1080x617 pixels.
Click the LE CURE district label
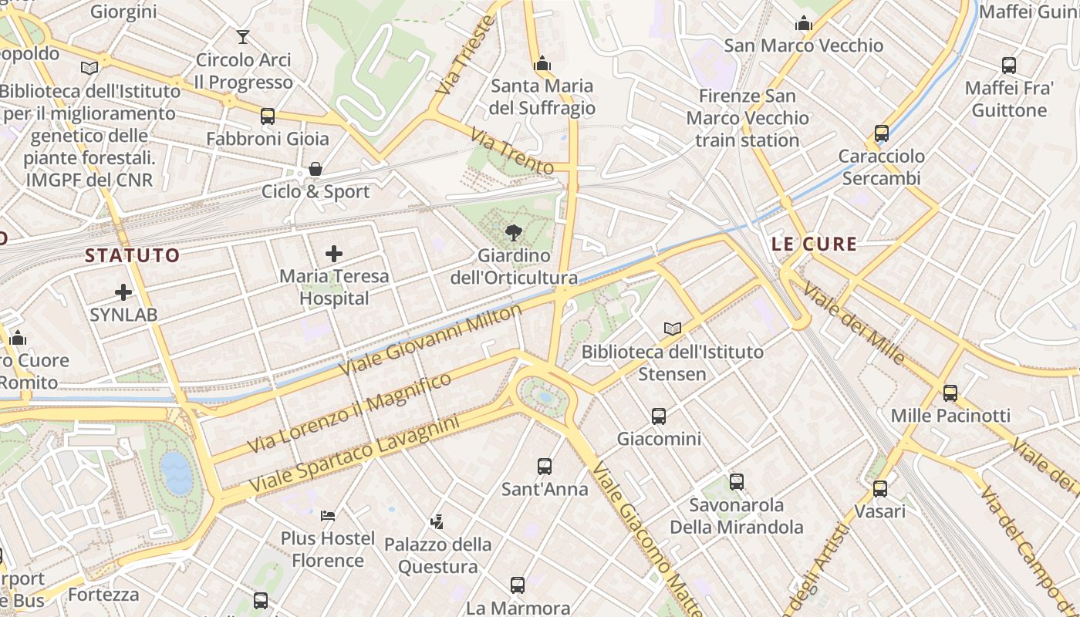tap(814, 244)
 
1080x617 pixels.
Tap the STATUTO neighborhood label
tap(132, 255)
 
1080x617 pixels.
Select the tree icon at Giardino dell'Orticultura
tap(513, 232)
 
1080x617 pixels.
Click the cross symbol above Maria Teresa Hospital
tap(334, 253)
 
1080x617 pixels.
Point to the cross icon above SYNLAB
tap(123, 292)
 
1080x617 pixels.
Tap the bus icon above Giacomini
tap(659, 416)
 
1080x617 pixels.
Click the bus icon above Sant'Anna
tap(545, 466)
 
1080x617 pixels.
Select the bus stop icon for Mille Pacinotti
tap(950, 393)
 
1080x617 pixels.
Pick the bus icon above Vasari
tap(880, 488)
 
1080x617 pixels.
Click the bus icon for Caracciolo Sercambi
tap(882, 133)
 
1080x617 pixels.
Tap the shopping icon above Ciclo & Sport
tap(316, 169)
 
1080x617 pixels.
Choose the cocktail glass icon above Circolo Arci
tap(243, 36)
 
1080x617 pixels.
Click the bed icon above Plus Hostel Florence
tap(328, 515)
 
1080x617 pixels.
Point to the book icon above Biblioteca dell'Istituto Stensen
tap(673, 329)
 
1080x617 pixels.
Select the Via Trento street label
tap(512, 152)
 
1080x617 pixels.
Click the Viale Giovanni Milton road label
tap(430, 340)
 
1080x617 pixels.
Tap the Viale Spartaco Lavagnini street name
tap(353, 456)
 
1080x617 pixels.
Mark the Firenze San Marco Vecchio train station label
tap(748, 118)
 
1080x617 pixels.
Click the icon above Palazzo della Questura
tap(437, 521)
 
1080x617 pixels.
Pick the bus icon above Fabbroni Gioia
tap(268, 116)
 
